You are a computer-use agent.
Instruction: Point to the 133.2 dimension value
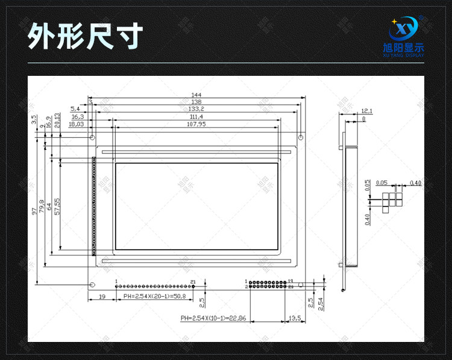(x=196, y=110)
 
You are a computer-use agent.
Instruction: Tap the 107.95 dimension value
(x=196, y=125)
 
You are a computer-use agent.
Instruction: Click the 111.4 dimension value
(x=196, y=117)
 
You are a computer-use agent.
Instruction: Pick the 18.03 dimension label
(x=76, y=125)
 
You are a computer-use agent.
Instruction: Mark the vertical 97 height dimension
(x=35, y=211)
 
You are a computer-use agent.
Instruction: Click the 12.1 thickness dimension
(x=367, y=111)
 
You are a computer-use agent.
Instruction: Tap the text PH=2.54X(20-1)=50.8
(x=154, y=297)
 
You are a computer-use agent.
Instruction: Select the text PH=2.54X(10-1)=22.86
(x=213, y=317)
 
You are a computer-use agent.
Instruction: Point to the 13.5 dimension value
(x=295, y=317)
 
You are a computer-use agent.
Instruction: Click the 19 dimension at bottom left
(x=102, y=297)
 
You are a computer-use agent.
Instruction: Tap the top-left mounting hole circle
(x=92, y=137)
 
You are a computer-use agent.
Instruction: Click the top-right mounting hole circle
(x=300, y=137)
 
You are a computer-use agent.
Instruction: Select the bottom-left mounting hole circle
(x=92, y=284)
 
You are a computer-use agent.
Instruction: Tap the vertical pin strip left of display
(x=94, y=205)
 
